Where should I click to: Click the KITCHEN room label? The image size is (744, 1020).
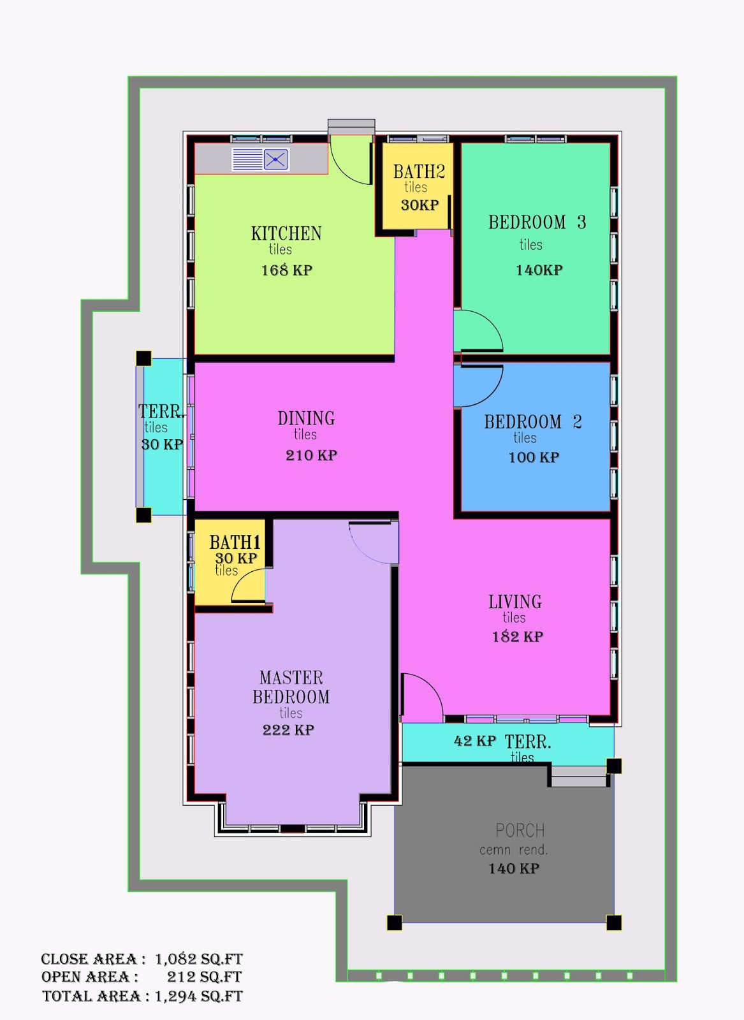click(286, 233)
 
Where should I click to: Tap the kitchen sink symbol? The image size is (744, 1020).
click(261, 160)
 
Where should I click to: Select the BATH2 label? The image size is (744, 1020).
click(419, 171)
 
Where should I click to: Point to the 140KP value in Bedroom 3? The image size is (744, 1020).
click(539, 270)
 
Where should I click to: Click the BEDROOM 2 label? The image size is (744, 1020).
click(533, 421)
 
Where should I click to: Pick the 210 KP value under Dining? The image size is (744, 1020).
click(312, 455)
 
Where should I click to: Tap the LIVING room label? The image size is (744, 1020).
click(515, 602)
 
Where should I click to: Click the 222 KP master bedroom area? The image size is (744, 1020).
click(288, 730)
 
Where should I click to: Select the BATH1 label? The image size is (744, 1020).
click(235, 543)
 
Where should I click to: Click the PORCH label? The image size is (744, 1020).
click(520, 831)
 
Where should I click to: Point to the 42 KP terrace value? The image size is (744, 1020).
click(474, 741)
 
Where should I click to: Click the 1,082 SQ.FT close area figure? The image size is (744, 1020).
click(199, 959)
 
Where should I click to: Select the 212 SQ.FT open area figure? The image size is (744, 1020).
click(205, 977)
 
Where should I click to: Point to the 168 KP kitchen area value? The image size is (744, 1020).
click(287, 270)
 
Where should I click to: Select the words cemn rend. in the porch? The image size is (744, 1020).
click(514, 850)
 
